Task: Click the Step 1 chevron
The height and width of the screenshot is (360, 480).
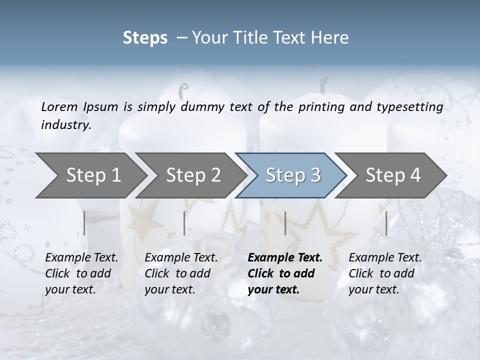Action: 93,175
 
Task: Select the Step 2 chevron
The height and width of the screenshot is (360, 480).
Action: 193,175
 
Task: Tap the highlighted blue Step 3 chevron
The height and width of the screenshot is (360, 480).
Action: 293,175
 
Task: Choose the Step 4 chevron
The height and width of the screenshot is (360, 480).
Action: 393,175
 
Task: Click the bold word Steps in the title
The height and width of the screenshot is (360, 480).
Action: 145,37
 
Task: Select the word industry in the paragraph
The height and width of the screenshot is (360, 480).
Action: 65,124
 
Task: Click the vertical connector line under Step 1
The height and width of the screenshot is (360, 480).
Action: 84,223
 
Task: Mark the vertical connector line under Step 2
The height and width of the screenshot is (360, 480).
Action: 184,223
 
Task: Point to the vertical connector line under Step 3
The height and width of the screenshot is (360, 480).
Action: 285,223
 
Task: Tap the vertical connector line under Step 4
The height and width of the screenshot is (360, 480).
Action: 386,223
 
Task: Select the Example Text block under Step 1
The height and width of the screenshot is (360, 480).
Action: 81,273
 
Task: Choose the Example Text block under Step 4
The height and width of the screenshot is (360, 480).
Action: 385,273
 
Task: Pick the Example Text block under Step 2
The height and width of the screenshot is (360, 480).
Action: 181,273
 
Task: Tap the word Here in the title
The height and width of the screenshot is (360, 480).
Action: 332,37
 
